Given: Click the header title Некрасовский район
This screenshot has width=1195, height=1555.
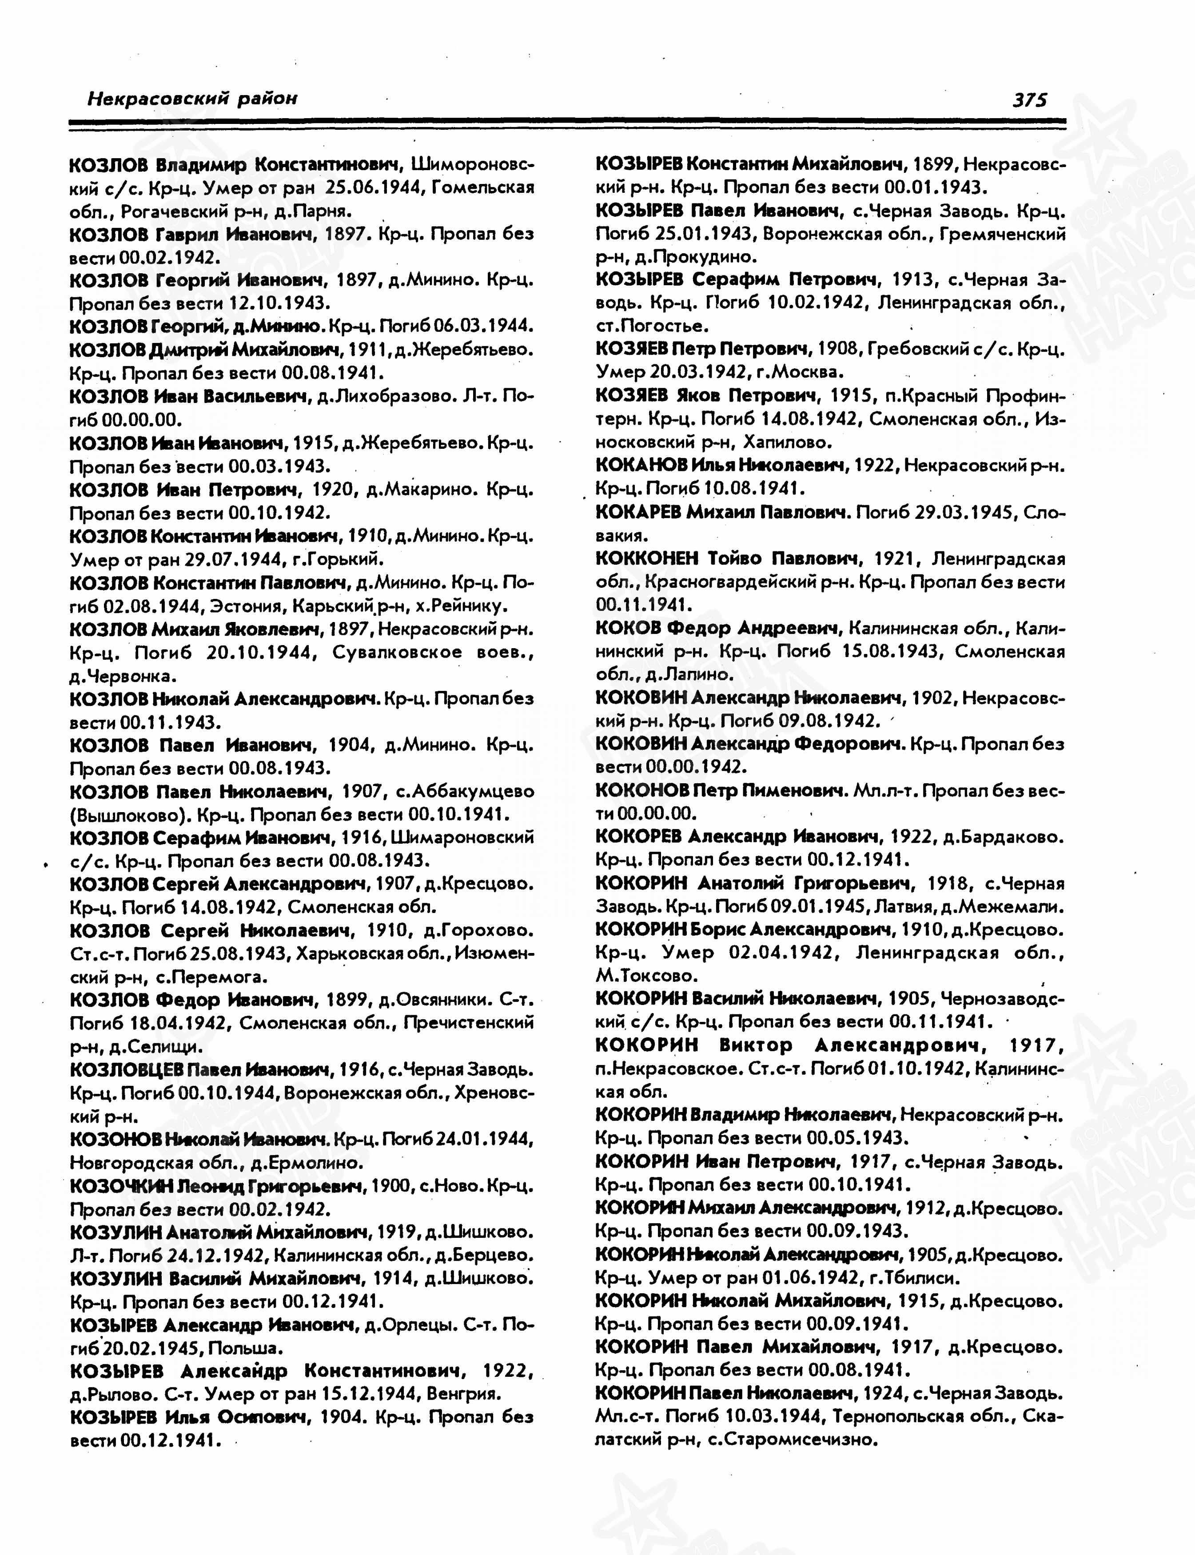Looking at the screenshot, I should (x=192, y=98).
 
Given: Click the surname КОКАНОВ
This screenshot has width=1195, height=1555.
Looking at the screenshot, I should (x=641, y=466).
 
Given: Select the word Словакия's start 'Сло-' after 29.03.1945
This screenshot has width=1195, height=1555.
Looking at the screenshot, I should (x=1046, y=512).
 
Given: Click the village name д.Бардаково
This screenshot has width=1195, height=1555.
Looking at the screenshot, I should (x=1003, y=837).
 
